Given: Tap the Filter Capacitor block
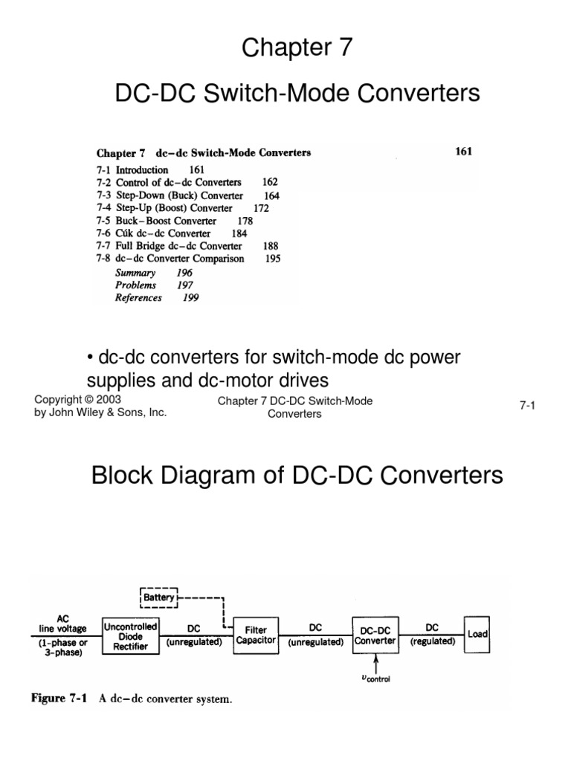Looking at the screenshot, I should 256,635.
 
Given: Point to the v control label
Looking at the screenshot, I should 376,678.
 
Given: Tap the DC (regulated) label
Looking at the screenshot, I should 432,634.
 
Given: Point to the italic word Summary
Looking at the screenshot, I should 135,273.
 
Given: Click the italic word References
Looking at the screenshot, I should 138,298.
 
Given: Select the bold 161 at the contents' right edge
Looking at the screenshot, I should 463,152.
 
